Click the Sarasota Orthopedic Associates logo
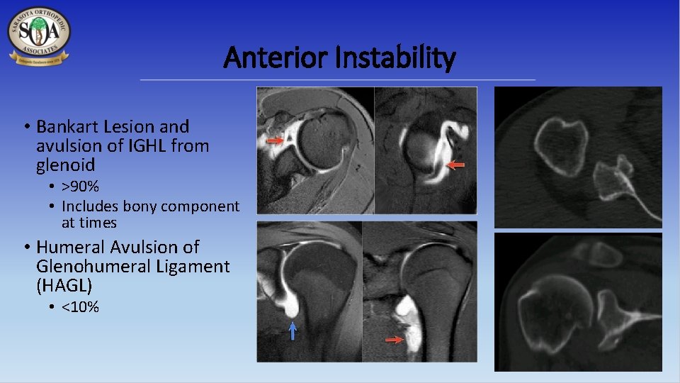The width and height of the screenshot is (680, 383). click(39, 35)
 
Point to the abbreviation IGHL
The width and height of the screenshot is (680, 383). click(149, 146)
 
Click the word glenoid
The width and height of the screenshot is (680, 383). click(66, 165)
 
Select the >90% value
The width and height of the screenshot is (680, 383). click(80, 187)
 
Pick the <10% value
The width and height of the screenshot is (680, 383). click(80, 307)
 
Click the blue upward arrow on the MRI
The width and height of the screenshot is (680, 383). click(293, 331)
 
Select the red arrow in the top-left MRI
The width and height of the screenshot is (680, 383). click(274, 142)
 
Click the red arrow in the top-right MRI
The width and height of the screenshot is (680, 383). click(457, 165)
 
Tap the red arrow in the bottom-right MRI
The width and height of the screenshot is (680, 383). click(393, 340)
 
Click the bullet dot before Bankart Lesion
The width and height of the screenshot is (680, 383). click(25, 128)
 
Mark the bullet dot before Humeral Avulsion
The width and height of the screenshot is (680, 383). click(25, 248)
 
